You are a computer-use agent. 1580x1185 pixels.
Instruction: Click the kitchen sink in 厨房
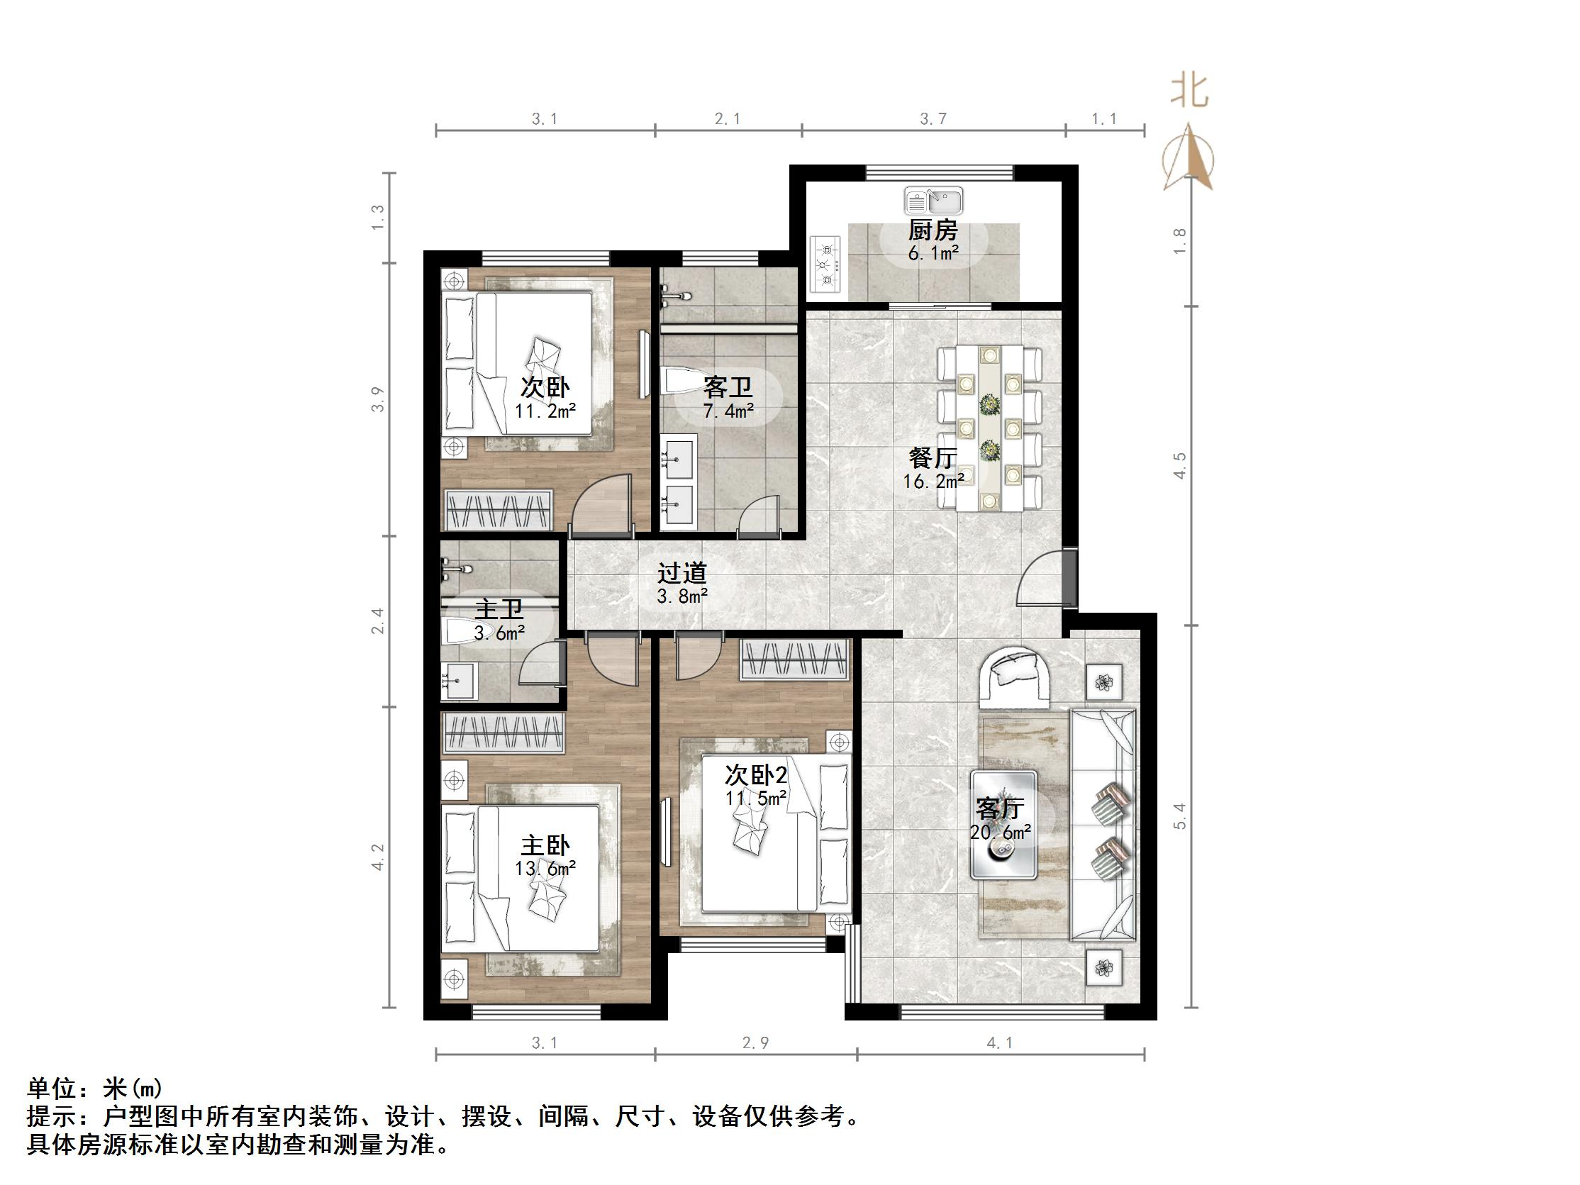933,201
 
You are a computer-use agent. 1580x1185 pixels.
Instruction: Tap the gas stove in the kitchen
826,265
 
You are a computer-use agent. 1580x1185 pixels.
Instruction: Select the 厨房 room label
933,230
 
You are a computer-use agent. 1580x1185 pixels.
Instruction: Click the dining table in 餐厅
989,428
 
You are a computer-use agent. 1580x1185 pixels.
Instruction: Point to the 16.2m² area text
933,481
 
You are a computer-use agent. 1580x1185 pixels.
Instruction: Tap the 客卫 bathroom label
728,388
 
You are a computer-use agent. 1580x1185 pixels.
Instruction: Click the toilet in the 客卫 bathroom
683,381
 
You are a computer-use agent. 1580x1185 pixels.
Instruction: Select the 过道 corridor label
682,572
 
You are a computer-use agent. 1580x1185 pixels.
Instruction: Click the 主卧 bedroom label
545,845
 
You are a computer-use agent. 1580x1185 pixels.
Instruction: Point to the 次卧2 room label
756,774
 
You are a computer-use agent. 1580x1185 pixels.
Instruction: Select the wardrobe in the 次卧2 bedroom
794,659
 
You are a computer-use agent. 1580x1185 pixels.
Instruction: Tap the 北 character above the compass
1189,91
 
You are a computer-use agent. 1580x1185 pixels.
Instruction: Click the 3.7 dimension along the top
933,119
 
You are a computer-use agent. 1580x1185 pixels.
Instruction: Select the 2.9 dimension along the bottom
755,1043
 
